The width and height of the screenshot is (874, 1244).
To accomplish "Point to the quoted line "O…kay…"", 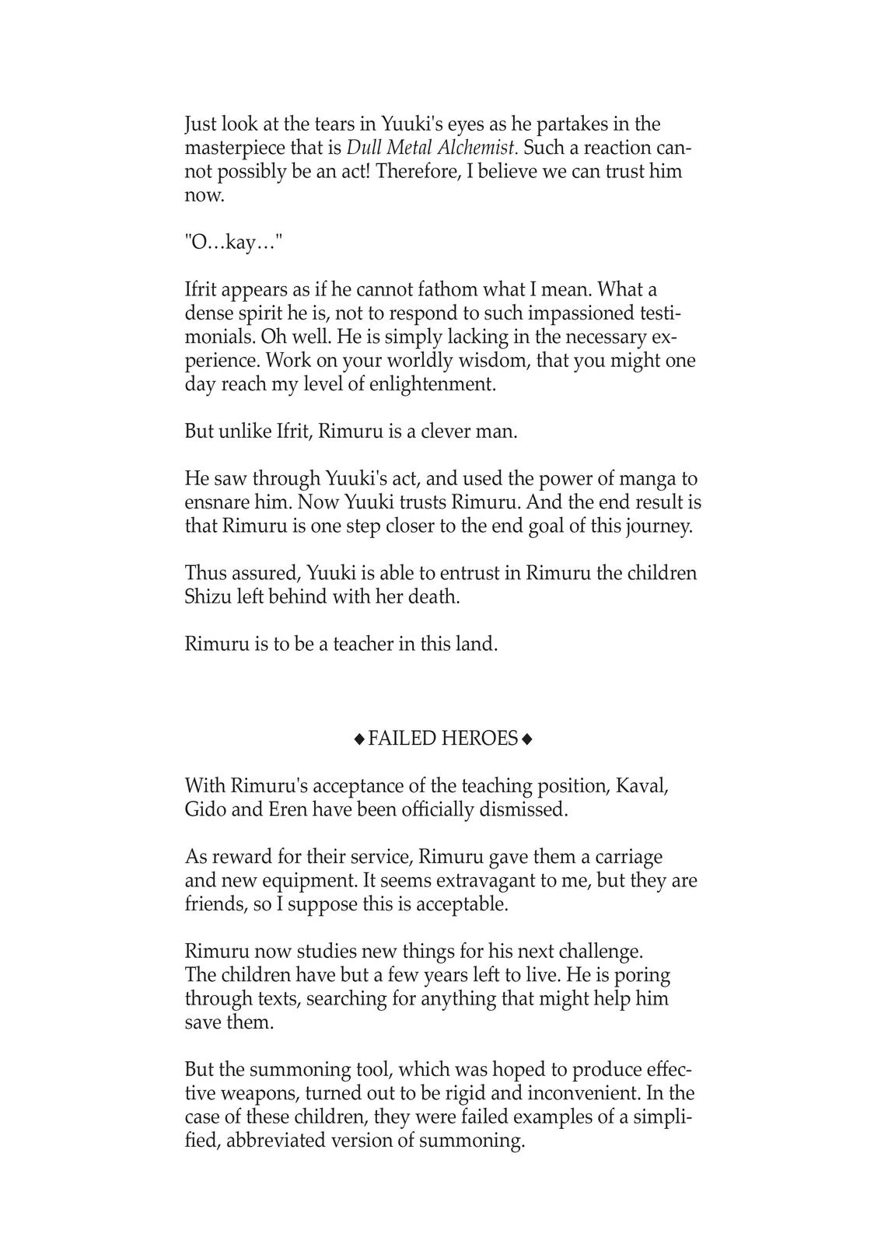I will (x=234, y=243).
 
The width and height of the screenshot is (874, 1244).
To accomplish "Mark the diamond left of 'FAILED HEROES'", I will (x=359, y=739).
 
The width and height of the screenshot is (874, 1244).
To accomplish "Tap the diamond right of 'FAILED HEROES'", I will (x=528, y=739).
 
